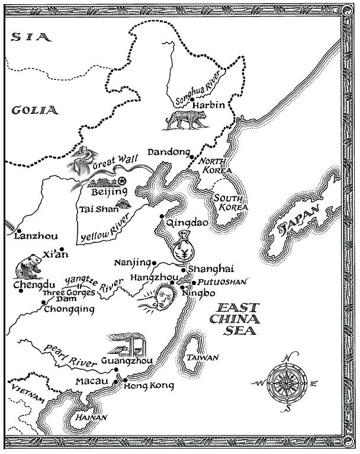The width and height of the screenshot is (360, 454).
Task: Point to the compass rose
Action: tap(287, 383)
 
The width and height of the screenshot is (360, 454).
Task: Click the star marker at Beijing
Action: tap(122, 181)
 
